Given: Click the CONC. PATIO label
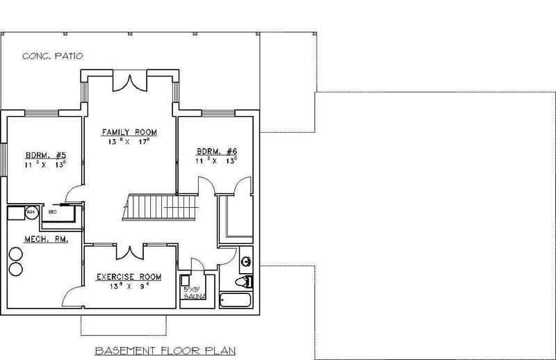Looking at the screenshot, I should click(53, 56).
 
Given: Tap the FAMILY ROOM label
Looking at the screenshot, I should click(129, 131).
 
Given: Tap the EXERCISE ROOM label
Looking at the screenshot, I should click(129, 277).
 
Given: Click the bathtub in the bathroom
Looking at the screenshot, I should click(238, 301).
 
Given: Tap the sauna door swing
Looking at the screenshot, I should click(197, 265).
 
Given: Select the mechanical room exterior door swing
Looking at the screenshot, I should click(72, 297).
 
